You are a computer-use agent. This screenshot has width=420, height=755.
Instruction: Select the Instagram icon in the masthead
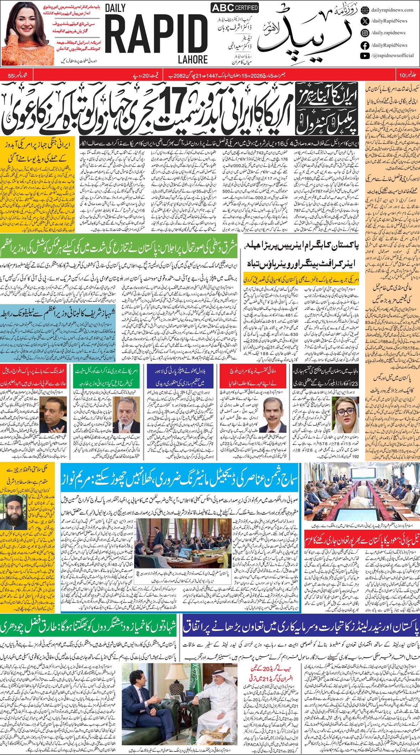pos(365,33)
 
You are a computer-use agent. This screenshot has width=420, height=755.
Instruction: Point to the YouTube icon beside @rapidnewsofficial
pos(365,56)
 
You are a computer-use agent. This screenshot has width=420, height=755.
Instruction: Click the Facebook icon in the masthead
pos(365,45)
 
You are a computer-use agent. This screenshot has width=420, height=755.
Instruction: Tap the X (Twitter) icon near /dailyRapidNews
pos(365,21)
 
